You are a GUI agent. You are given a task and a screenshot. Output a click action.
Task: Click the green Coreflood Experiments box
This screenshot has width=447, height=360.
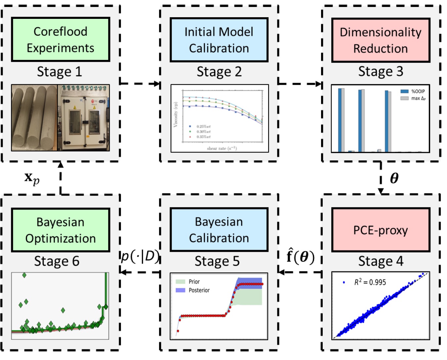pos(61,40)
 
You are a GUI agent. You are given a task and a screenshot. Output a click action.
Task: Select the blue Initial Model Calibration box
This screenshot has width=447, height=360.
pos(219,40)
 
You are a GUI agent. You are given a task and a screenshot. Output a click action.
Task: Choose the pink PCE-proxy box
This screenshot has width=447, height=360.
pos(381,230)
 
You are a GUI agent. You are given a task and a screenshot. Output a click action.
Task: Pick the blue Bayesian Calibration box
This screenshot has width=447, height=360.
pos(219,230)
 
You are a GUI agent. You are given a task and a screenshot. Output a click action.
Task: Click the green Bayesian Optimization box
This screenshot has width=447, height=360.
pos(61,230)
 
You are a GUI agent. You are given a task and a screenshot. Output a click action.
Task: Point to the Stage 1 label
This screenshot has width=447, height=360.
pos(60,72)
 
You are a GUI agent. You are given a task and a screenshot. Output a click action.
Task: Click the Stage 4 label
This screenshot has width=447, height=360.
pos(381,261)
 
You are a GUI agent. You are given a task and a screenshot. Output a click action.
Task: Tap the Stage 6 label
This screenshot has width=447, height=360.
pos(57,261)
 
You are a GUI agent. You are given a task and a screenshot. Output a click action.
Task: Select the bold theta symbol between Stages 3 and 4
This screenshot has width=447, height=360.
pos(394,178)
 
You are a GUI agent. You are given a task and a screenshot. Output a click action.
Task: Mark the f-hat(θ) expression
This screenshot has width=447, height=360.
pos(300,257)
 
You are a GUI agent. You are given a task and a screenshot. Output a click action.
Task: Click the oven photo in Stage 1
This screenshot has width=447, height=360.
pos(84,118)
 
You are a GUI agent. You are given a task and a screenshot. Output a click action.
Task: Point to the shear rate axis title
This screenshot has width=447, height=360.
pos(222,148)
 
